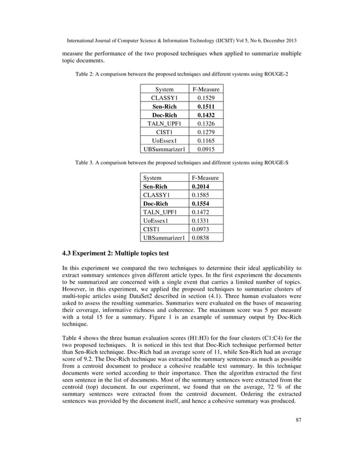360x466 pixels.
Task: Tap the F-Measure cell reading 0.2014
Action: pos(201,187)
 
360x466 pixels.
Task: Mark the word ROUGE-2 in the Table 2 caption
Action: pos(275,74)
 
